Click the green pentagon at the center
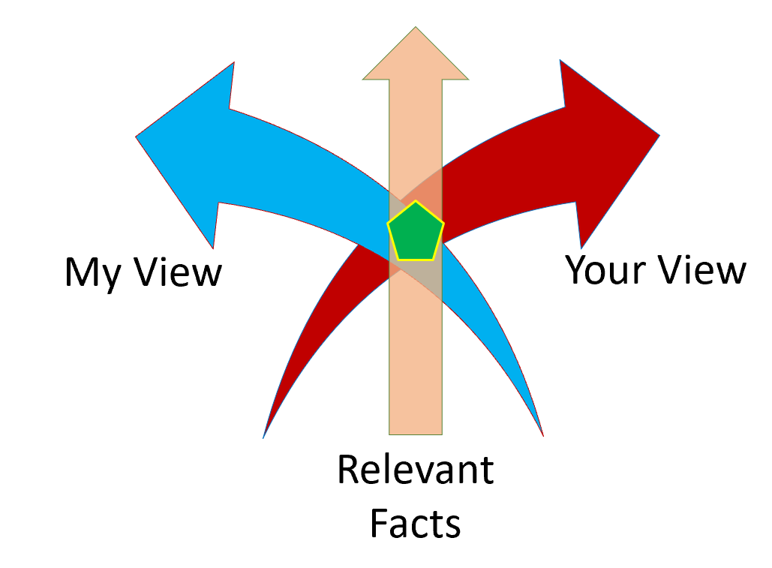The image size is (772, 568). [x=415, y=233]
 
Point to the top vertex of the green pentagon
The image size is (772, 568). [x=415, y=202]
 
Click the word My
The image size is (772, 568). [x=92, y=273]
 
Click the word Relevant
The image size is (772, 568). [x=415, y=470]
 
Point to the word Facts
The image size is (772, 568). [x=415, y=523]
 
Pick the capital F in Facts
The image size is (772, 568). [x=379, y=523]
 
